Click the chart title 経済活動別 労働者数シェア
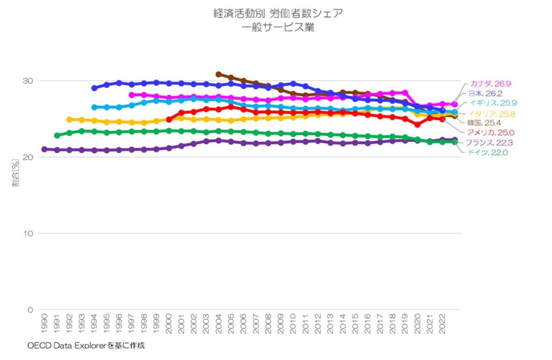click(278, 13)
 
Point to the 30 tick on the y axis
click(29, 81)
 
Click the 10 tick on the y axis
click(29, 233)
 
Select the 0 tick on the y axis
click(30, 310)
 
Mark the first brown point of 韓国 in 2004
click(218, 74)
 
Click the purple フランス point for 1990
click(45, 149)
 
